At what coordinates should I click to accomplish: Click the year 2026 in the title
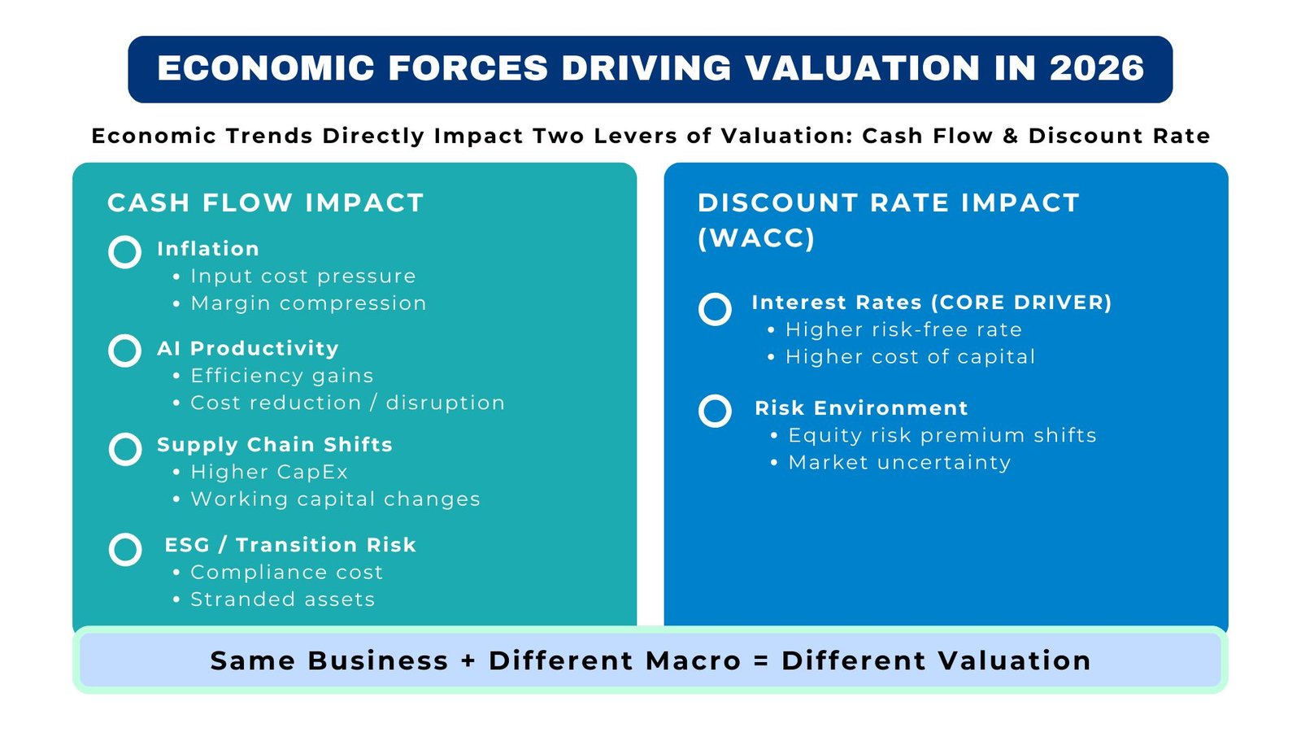pyautogui.click(x=1096, y=68)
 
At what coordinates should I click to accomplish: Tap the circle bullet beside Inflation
pyautogui.click(x=125, y=252)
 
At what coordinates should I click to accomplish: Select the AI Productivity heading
pyautogui.click(x=248, y=349)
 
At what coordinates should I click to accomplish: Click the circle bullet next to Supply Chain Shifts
pyautogui.click(x=125, y=449)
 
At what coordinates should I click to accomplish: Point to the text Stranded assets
pyautogui.click(x=282, y=599)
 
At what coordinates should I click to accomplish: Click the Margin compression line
pyautogui.click(x=308, y=303)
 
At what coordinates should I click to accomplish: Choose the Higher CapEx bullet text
pyautogui.click(x=269, y=473)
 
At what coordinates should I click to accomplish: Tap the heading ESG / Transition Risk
pyautogui.click(x=290, y=545)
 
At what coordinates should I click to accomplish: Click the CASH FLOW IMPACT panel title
pyautogui.click(x=266, y=203)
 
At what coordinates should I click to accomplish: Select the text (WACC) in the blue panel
pyautogui.click(x=756, y=238)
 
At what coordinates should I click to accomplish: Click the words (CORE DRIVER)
pyautogui.click(x=1020, y=303)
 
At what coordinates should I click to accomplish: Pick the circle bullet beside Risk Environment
pyautogui.click(x=716, y=412)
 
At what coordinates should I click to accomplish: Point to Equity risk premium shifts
pyautogui.click(x=942, y=436)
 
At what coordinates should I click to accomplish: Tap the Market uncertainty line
pyautogui.click(x=899, y=463)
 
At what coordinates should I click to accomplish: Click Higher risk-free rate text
pyautogui.click(x=903, y=330)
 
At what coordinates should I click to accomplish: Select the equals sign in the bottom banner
pyautogui.click(x=761, y=661)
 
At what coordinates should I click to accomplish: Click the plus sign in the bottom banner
pyautogui.click(x=468, y=661)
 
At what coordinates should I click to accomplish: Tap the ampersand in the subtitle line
pyautogui.click(x=1011, y=136)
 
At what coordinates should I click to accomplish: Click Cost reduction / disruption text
pyautogui.click(x=347, y=403)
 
